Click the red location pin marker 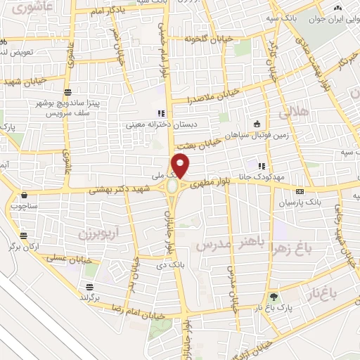pyautogui.click(x=181, y=166)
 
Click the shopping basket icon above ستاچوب pyautogui.click(x=25, y=195)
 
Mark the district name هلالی pyautogui.click(x=295, y=111)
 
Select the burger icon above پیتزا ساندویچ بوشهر pyautogui.click(x=67, y=92)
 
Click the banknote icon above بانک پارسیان pyautogui.click(x=300, y=191)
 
